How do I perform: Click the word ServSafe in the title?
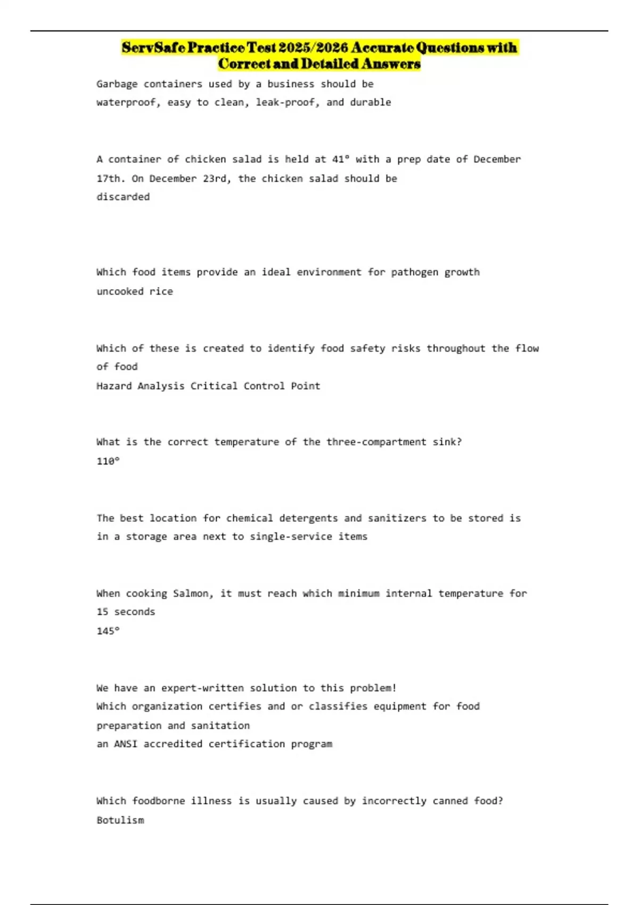153,48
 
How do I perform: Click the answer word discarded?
123,197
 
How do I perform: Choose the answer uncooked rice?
135,291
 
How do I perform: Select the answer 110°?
108,461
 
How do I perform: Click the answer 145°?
108,631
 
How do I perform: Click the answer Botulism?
120,820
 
